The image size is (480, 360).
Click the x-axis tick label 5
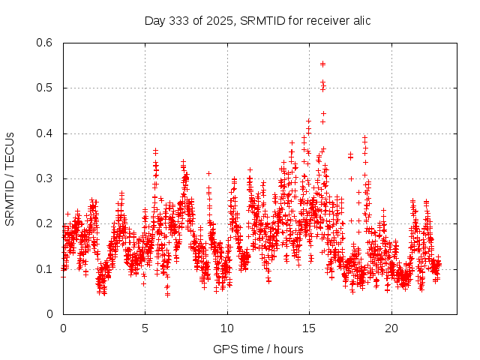point(145,328)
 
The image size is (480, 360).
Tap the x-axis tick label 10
point(227,328)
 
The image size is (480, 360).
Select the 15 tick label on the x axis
point(309,328)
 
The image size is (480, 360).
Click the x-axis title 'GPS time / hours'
point(258,349)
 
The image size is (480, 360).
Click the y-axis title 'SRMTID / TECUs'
point(10,179)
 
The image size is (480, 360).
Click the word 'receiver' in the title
point(326,20)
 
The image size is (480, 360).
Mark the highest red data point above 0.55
point(322,64)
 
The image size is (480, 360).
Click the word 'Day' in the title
point(154,20)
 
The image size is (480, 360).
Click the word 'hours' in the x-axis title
point(288,349)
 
